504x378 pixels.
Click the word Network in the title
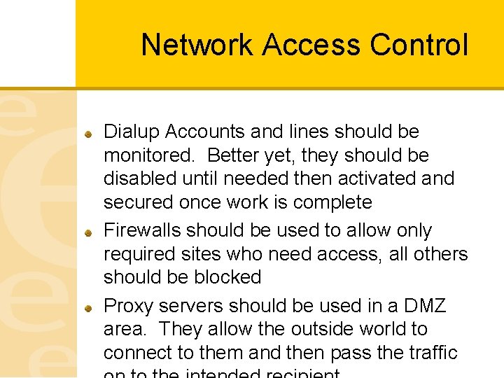197,45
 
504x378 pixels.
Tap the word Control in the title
419,45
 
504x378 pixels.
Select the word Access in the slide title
312,45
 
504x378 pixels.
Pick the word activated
389,178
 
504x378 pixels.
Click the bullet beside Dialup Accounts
89,132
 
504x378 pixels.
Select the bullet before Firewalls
89,231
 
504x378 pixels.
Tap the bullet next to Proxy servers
89,307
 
